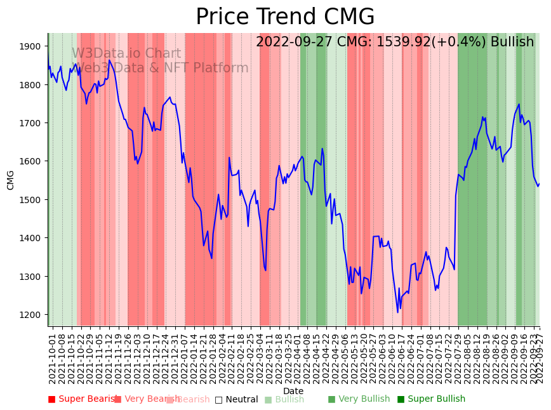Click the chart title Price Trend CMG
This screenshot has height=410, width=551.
(285, 17)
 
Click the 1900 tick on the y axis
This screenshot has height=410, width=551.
(33, 46)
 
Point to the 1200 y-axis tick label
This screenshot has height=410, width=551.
(33, 315)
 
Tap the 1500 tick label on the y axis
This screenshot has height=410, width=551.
(33, 200)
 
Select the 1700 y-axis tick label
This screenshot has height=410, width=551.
(33, 123)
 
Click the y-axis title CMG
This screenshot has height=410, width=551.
(11, 180)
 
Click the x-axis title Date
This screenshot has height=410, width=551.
(293, 391)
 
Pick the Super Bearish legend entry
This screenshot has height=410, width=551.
(83, 399)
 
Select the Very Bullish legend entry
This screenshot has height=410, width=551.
(359, 399)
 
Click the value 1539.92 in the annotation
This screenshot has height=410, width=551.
(404, 43)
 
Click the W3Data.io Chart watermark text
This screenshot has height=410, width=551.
(126, 54)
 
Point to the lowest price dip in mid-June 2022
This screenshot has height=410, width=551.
(398, 312)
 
